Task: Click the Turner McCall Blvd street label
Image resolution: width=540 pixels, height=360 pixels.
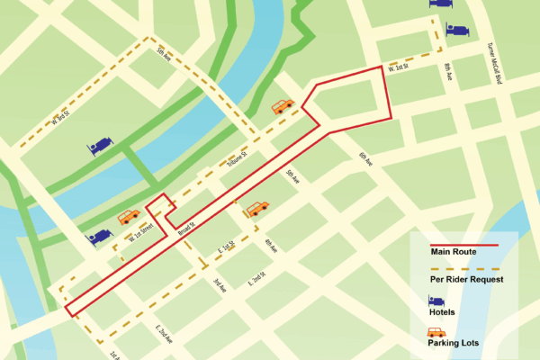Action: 494,63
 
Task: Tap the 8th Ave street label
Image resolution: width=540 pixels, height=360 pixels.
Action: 446,71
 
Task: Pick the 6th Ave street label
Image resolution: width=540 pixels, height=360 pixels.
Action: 364,158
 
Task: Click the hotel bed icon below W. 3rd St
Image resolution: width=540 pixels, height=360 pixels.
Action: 99,145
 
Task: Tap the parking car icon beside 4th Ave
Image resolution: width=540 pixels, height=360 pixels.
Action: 257,208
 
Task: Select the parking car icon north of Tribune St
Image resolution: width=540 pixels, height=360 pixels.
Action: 283,106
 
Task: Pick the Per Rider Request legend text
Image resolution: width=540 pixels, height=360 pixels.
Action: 464,280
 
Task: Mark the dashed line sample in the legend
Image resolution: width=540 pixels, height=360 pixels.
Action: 464,268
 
